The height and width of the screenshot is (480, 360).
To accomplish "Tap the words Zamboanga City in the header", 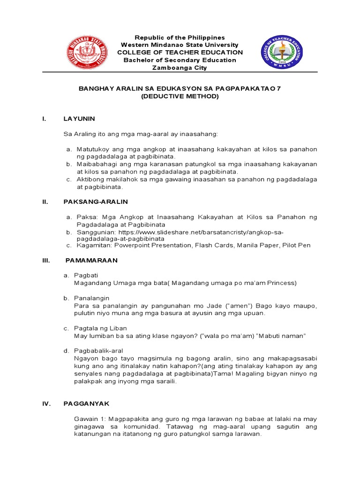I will pyautogui.click(x=180, y=67).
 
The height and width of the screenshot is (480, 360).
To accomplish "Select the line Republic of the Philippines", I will pyautogui.click(x=180, y=37).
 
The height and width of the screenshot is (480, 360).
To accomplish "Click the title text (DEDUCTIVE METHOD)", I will pyautogui.click(x=180, y=96).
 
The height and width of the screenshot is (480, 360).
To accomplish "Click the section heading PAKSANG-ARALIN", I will pyautogui.click(x=96, y=202).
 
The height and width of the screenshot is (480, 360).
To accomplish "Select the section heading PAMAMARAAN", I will pyautogui.click(x=91, y=260).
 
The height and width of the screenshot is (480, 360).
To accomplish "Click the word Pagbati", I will pyautogui.click(x=86, y=275).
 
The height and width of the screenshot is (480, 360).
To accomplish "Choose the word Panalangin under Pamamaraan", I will pyautogui.click(x=92, y=298).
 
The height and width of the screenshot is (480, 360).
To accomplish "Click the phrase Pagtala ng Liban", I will pyautogui.click(x=101, y=328).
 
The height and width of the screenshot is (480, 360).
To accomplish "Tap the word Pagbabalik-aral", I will pyautogui.click(x=97, y=351).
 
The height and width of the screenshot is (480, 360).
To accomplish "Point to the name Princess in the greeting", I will pyautogui.click(x=280, y=283).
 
